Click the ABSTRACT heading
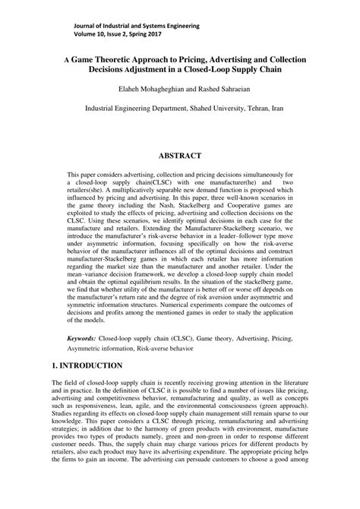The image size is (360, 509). (179, 156)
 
